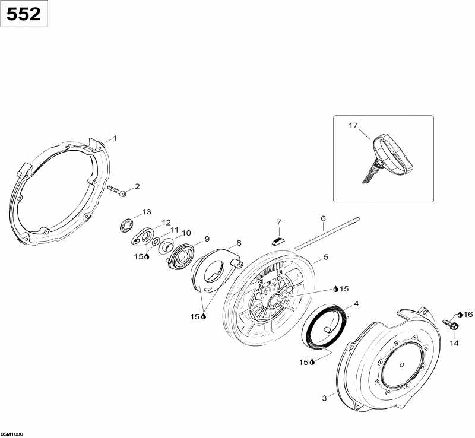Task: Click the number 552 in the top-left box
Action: point(24,14)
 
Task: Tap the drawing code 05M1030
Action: point(12,434)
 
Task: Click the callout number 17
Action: point(353,125)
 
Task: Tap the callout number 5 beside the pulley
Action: point(325,257)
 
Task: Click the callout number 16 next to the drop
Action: point(468,315)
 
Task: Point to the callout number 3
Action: point(324,398)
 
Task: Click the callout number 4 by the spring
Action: point(356,303)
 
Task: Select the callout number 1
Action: point(115,138)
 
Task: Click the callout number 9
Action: point(207,239)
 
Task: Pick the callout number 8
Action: point(239,243)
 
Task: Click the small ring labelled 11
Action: point(157,241)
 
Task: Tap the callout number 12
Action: point(166,223)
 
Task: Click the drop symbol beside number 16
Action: point(460,315)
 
